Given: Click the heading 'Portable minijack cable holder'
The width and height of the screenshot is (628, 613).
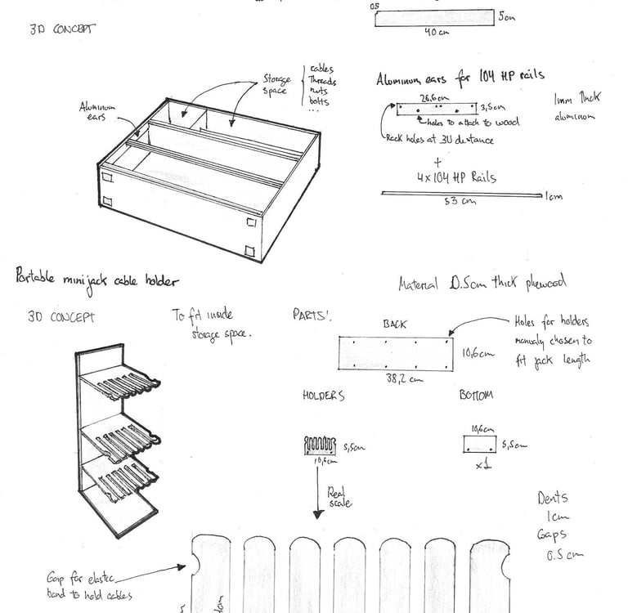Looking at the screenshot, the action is click(x=96, y=279).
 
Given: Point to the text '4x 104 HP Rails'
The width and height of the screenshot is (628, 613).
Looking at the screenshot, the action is click(x=455, y=177).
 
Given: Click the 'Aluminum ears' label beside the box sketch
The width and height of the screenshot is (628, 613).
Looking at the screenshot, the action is click(x=97, y=111).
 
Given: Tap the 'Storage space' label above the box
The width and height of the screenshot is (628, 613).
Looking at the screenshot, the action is click(x=276, y=84).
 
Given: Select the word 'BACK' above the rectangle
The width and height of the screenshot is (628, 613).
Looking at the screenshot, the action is click(x=394, y=324).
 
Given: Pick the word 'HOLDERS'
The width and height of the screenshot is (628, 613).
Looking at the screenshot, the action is click(x=324, y=396).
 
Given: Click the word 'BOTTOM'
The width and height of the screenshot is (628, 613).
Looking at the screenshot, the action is click(x=475, y=395).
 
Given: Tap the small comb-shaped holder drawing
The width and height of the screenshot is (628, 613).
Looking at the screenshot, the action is click(x=320, y=445).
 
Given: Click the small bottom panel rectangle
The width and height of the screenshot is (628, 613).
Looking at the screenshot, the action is click(x=479, y=445).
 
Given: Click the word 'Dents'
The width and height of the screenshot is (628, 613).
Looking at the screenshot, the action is click(x=553, y=498).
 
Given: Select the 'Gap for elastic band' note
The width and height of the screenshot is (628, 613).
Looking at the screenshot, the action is click(x=89, y=586).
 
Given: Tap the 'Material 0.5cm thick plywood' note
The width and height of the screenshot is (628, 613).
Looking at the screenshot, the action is click(x=482, y=284).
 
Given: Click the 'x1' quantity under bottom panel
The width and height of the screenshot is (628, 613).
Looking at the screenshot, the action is click(x=482, y=468).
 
